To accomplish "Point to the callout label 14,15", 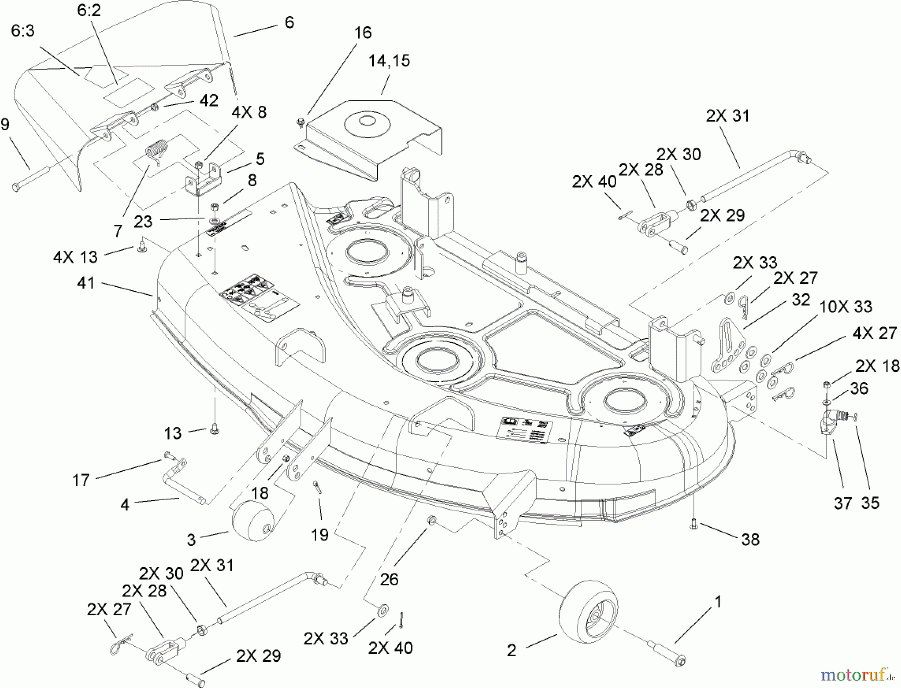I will coord(389,61).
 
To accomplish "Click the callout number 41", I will coord(86,283).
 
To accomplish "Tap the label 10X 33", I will coord(845,306).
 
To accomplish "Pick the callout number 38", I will coord(750,539).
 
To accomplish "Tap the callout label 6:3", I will coord(23,31).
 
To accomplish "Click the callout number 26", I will coord(389,579).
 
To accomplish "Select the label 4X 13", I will coord(76,257).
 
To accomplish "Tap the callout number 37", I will coord(843,503).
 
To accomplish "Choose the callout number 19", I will coord(320,534).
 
